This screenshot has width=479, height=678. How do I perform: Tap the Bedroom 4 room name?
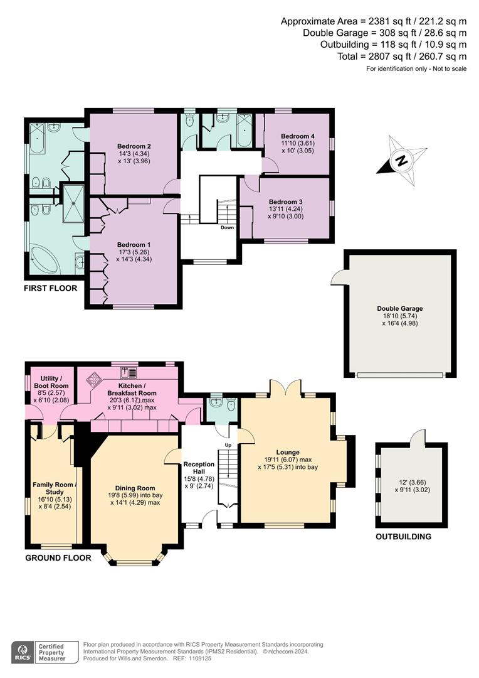[297, 136]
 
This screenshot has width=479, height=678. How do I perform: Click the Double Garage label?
[400, 308]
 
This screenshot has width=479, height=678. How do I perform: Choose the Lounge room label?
[288, 452]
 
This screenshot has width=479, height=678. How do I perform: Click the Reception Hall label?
[199, 468]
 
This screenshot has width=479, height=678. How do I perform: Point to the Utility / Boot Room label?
[50, 381]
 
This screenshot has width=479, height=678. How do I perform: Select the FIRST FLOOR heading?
[50, 288]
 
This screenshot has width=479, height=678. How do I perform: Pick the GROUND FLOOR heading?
[58, 557]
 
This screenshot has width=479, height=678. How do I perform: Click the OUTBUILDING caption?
[403, 537]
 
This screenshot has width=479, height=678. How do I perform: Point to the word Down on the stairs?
[227, 228]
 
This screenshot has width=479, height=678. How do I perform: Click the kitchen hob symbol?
[94, 380]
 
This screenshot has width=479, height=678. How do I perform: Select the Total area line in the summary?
[402, 56]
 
